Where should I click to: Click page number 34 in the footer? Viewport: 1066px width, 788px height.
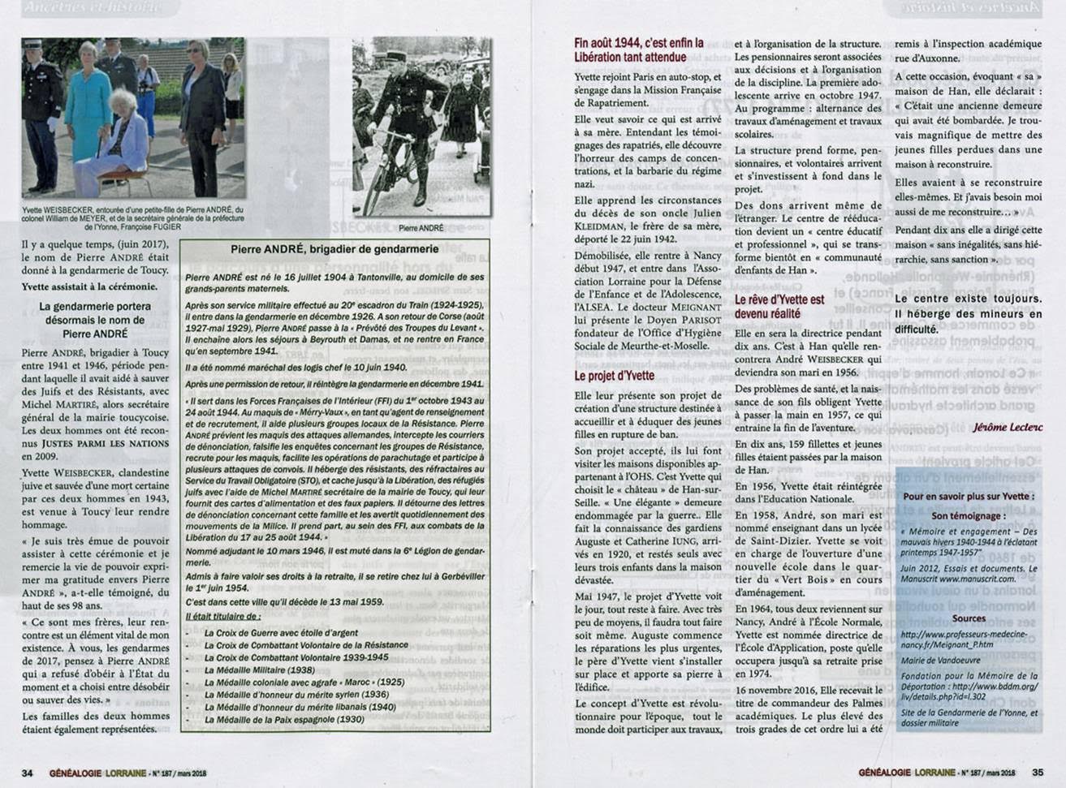tap(27, 773)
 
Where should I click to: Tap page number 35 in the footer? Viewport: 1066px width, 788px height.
tap(1038, 773)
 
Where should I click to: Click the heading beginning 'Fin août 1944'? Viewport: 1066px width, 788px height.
tap(638, 50)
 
